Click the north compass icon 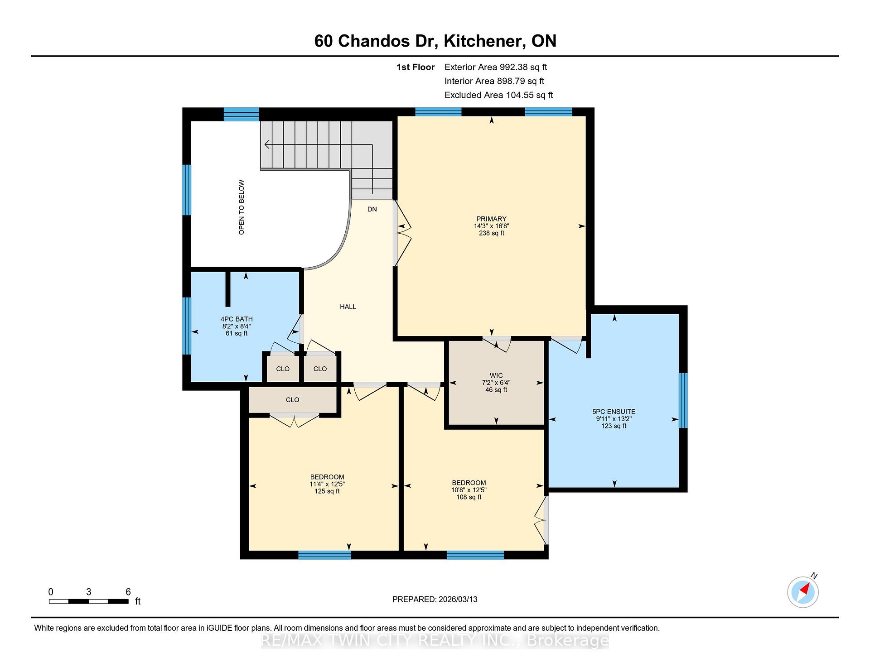click(803, 591)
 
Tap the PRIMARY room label click(491, 219)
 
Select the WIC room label click(496, 375)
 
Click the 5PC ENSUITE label click(614, 412)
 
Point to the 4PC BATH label click(237, 319)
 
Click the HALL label click(348, 307)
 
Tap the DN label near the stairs click(372, 209)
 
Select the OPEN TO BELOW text click(242, 207)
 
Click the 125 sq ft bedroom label click(327, 484)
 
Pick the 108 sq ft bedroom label click(469, 490)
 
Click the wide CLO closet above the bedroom click(293, 400)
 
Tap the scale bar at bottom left click(89, 601)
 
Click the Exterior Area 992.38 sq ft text click(496, 67)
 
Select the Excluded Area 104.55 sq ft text click(498, 95)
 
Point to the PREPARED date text click(435, 599)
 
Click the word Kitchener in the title click(482, 41)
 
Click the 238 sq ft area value click(492, 233)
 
